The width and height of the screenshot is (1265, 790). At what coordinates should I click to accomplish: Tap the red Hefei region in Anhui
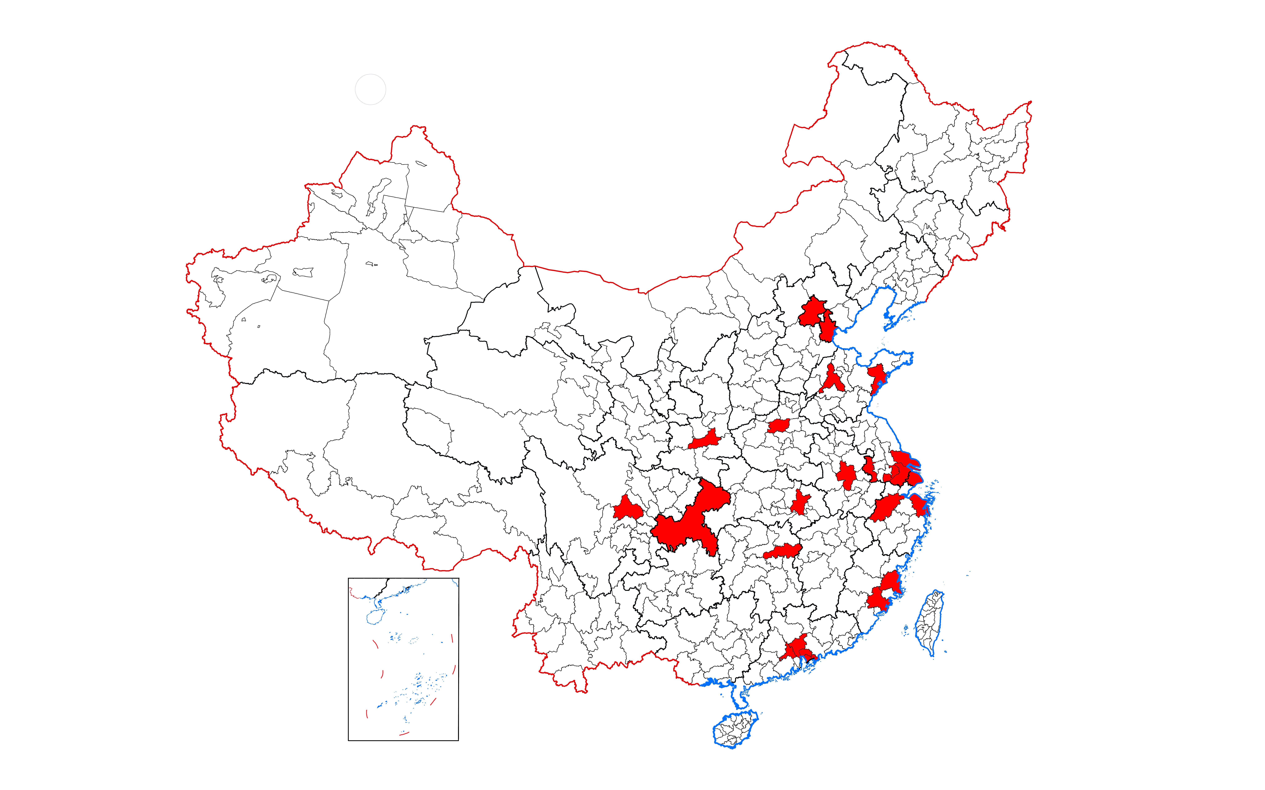point(846,474)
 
